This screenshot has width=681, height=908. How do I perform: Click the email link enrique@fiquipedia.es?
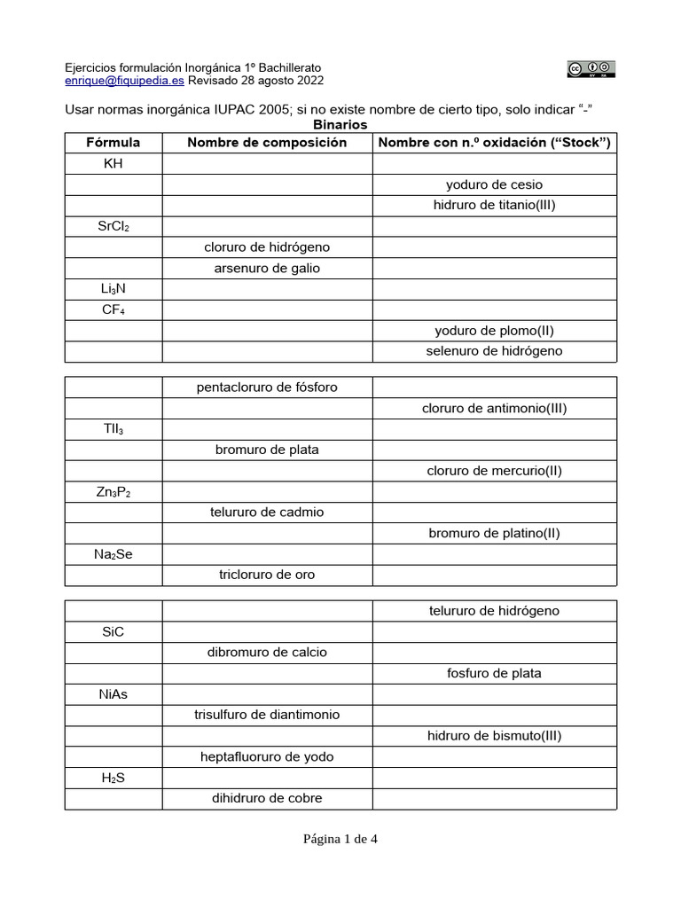125,80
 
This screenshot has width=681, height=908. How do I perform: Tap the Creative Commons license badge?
591,69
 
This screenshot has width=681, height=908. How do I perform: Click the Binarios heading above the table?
340,125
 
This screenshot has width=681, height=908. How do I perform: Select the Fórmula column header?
113,142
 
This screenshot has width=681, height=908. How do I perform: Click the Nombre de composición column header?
267,142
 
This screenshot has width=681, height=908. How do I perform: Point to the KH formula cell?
113,163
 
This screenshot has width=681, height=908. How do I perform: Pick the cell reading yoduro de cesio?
494,184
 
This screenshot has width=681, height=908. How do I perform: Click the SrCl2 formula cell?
113,226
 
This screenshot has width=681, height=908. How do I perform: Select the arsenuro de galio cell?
267,268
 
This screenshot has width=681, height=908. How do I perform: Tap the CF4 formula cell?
113,309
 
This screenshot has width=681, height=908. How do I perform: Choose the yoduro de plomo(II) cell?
494,331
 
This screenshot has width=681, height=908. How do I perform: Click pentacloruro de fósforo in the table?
267,387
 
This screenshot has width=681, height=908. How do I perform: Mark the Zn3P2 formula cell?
113,491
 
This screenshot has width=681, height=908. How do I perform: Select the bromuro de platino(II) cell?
494,533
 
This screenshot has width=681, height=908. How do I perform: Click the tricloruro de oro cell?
267,575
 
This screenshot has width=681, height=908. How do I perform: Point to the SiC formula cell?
113,631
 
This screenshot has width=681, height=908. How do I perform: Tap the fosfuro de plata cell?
494,673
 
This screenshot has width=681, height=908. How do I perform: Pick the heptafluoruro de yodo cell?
267,756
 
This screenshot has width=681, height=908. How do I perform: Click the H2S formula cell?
113,778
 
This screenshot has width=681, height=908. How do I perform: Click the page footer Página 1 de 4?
340,840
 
